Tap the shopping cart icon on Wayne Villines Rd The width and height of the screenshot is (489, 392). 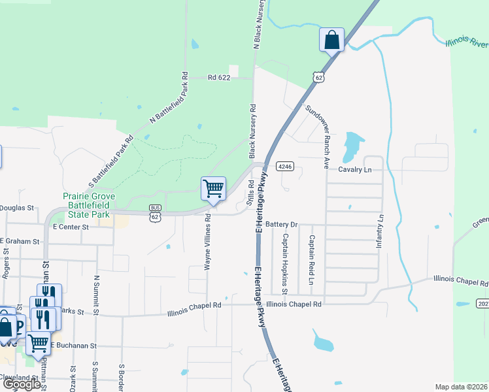[214, 189]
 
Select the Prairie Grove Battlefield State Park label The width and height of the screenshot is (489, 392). [86, 205]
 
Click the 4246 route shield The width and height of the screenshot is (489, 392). [284, 167]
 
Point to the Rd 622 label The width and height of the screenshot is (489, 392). [220, 77]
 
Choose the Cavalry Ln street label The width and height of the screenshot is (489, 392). [354, 169]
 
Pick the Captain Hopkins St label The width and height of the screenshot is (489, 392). [285, 263]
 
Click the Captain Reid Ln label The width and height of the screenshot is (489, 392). [311, 264]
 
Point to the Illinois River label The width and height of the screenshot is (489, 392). [467, 43]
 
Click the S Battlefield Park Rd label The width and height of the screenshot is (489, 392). [110, 159]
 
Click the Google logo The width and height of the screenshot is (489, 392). [22, 384]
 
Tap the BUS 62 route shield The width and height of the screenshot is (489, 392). [155, 213]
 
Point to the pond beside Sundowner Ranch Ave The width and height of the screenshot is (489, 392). [352, 144]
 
